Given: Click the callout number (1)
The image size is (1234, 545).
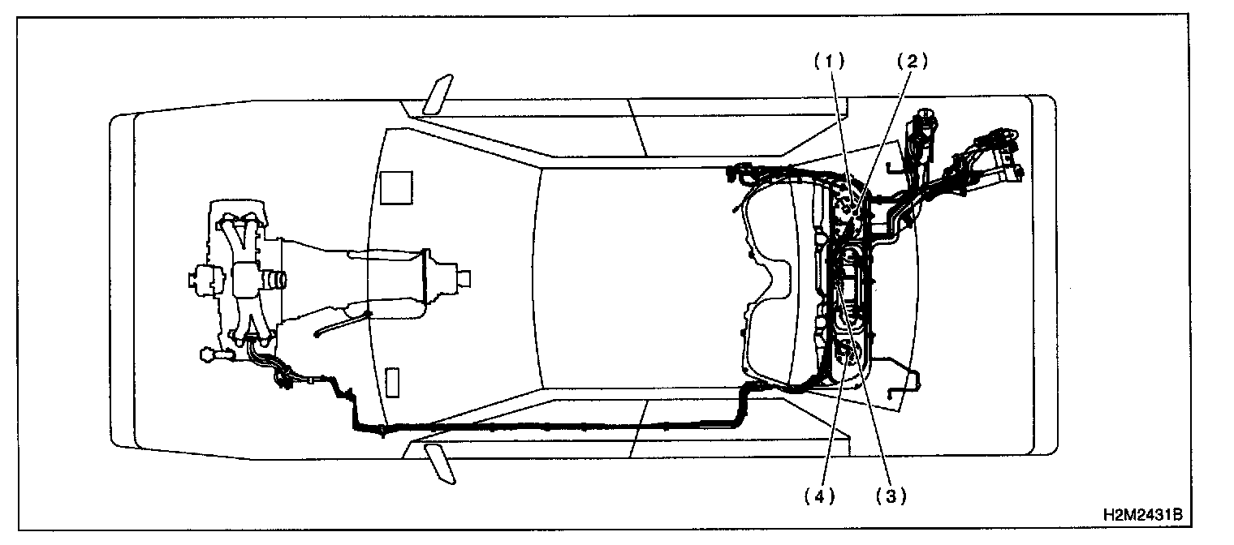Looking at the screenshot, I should coord(831,62).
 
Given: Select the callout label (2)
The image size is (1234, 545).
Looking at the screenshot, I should coord(912,62).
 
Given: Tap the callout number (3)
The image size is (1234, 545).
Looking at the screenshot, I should coord(890,496).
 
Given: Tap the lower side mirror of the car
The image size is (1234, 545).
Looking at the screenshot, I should coord(438,464).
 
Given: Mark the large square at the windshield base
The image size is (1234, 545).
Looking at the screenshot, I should coord(397,187).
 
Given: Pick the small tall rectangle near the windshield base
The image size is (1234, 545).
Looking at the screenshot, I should coord(392,382).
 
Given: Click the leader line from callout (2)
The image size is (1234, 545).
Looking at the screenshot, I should coord(889,130).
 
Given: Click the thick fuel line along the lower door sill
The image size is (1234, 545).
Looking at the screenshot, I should coord(552,426).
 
